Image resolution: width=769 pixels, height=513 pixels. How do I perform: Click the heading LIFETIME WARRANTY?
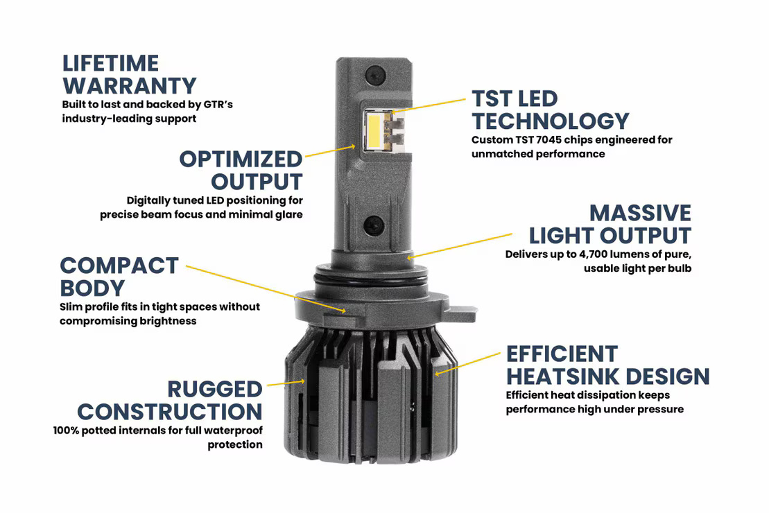click(129, 75)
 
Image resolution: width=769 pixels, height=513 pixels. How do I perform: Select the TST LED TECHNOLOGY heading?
click(550, 110)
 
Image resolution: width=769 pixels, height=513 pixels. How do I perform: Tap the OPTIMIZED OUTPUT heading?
click(241, 170)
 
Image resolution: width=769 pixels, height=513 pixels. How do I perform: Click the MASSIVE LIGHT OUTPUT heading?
click(610, 223)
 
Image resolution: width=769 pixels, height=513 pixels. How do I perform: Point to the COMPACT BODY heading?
click(119, 276)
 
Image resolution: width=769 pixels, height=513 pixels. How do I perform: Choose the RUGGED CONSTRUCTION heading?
click(170, 400)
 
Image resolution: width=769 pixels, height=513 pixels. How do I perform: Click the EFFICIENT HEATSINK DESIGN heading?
click(607, 365)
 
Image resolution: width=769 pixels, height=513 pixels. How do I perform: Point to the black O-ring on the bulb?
click(374, 277)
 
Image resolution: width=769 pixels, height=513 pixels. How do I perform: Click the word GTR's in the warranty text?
click(217, 105)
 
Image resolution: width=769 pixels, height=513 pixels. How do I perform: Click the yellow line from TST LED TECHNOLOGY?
click(430, 105)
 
